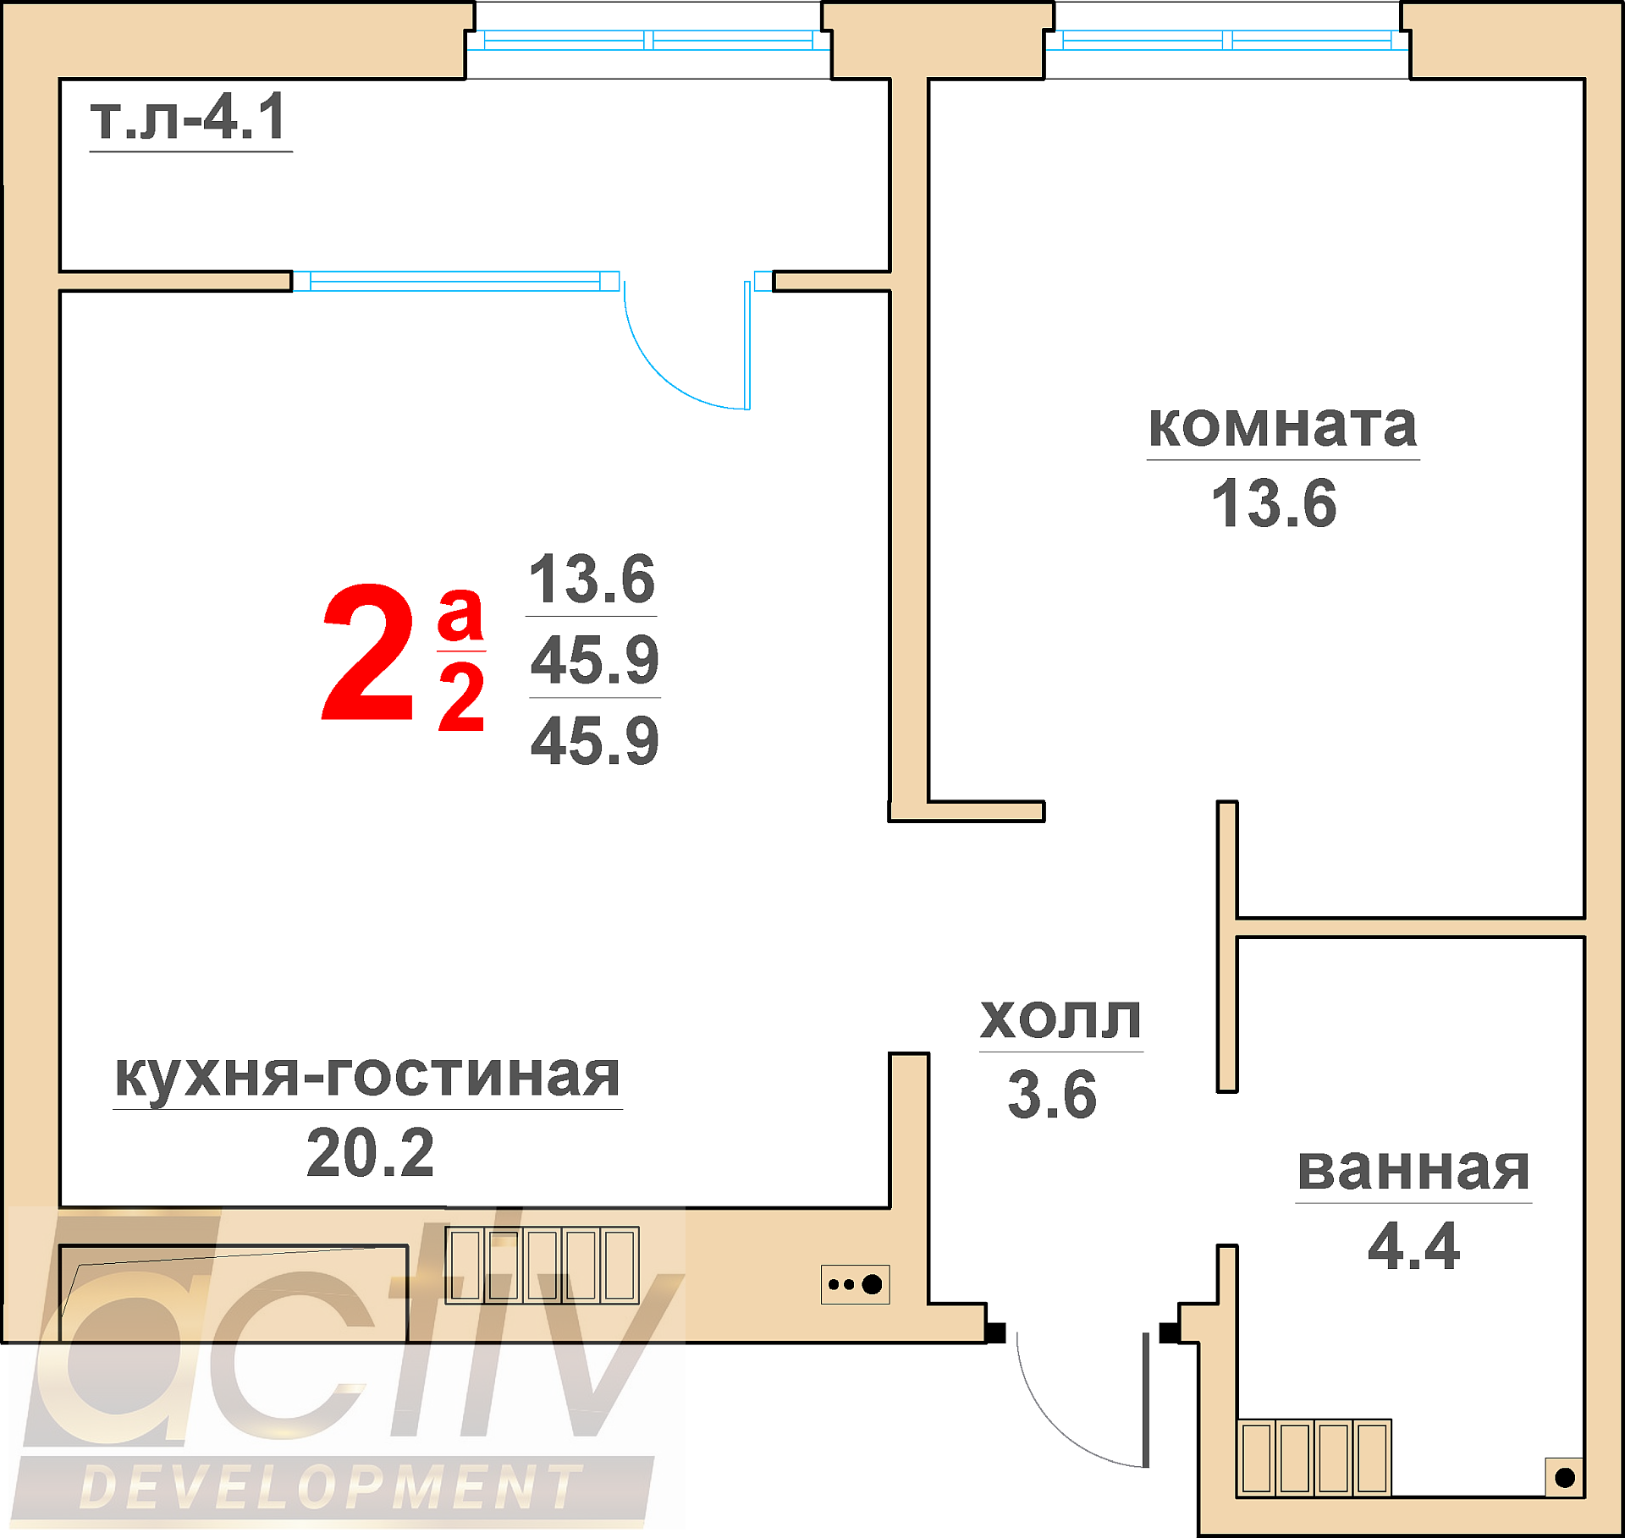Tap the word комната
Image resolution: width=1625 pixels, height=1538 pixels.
pyautogui.click(x=1282, y=426)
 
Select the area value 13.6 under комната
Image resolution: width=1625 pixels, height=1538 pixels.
pyautogui.click(x=1274, y=503)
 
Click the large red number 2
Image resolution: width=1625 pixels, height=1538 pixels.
pyautogui.click(x=369, y=652)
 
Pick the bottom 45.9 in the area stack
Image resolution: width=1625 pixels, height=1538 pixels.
pyautogui.click(x=594, y=740)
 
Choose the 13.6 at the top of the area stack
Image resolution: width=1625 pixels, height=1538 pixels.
pyautogui.click(x=592, y=579)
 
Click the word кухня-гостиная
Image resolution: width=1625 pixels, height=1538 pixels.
pyautogui.click(x=367, y=1076)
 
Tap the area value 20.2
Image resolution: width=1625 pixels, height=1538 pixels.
pyautogui.click(x=370, y=1152)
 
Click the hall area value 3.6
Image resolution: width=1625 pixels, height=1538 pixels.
pyautogui.click(x=1052, y=1094)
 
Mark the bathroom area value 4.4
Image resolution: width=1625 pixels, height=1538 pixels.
pyautogui.click(x=1413, y=1246)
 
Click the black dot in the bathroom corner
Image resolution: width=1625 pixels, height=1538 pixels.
pyautogui.click(x=1565, y=1477)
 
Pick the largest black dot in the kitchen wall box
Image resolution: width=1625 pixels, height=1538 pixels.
pyautogui.click(x=872, y=1284)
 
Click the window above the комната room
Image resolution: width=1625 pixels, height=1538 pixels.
pyautogui.click(x=1227, y=40)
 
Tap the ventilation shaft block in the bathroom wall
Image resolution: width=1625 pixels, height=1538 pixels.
pyautogui.click(x=1314, y=1458)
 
